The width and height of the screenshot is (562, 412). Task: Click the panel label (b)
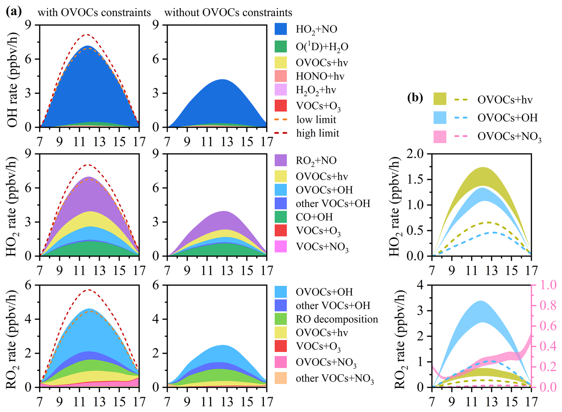pos(415,97)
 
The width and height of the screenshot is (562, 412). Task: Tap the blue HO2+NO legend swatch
pos(281,29)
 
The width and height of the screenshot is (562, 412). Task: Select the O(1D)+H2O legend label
pos(322,47)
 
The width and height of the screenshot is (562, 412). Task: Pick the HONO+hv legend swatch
pos(281,76)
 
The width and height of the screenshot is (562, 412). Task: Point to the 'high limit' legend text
pos(318,133)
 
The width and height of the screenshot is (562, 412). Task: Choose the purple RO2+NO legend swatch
pos(281,160)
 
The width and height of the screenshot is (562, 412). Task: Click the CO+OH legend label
pos(314,217)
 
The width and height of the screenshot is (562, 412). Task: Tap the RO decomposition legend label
pos(337,319)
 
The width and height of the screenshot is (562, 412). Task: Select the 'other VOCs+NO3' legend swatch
pos(281,378)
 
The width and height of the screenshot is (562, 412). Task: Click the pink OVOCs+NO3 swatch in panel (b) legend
pos(440,137)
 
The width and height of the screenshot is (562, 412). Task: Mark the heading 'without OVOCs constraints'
pos(228,12)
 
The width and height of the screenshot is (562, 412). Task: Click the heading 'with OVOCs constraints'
pos(94,12)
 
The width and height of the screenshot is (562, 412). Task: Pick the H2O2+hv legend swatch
pos(281,90)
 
